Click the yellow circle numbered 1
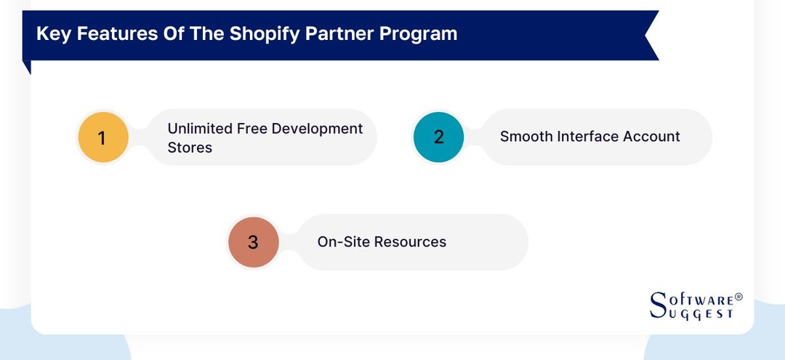point(102,137)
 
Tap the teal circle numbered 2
point(438,137)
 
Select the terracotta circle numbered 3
point(253,241)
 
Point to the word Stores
point(190,148)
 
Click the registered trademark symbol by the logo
point(738,297)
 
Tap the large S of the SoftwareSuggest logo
point(657,303)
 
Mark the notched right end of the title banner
point(650,35)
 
